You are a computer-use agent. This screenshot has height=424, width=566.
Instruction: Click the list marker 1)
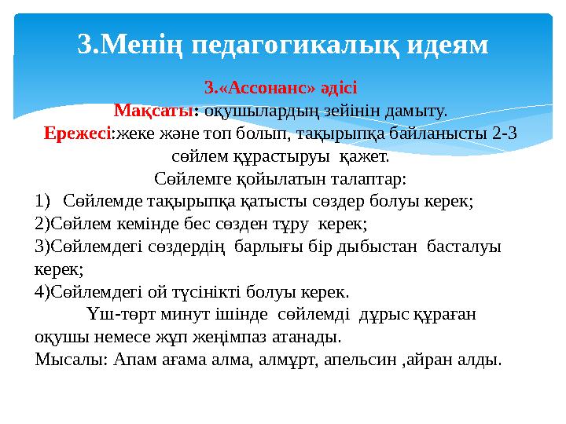pos(43,200)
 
